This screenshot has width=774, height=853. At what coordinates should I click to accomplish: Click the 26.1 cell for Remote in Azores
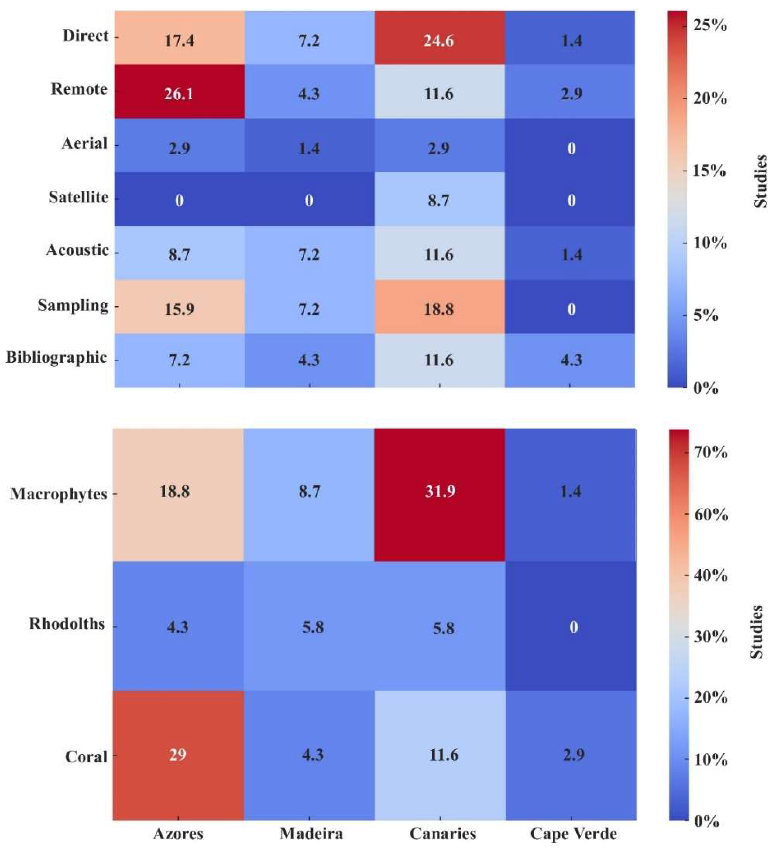tap(179, 92)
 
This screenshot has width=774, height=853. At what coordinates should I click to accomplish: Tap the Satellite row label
tap(79, 197)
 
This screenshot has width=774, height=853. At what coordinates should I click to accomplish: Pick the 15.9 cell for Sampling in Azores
tap(179, 308)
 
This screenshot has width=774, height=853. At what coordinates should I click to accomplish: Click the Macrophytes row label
tap(58, 494)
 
